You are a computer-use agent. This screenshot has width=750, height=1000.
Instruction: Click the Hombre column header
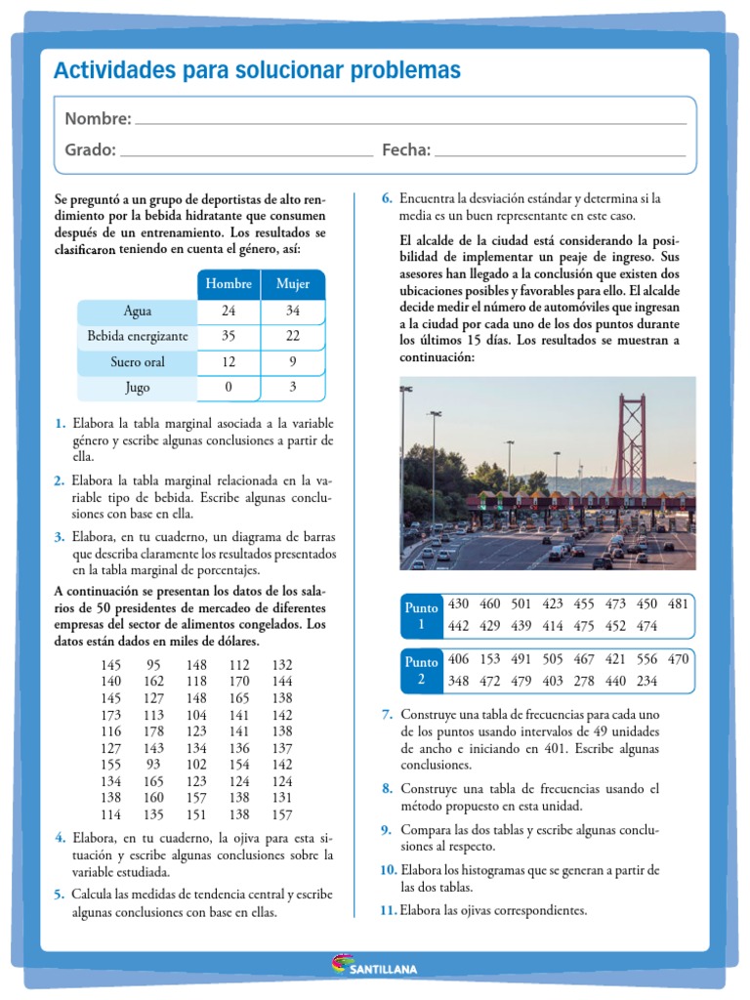[229, 284]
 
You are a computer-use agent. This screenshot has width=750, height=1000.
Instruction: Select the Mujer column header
[292, 284]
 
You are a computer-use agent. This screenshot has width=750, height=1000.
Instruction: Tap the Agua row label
[138, 312]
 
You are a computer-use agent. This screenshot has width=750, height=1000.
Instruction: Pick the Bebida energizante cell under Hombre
[229, 337]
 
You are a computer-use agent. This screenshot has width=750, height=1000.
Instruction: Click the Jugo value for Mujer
[292, 388]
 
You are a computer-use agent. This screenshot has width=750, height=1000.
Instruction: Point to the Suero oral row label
[138, 362]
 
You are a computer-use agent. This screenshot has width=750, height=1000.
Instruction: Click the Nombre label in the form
[98, 119]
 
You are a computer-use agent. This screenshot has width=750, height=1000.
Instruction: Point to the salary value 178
[153, 730]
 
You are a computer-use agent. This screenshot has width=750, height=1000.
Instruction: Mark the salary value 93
[153, 765]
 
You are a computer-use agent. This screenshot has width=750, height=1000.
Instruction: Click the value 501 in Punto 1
[521, 604]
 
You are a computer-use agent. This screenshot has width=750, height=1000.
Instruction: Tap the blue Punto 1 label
[421, 616]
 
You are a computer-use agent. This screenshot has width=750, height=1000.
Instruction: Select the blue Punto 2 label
[421, 671]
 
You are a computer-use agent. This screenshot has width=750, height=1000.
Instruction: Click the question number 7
[387, 715]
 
